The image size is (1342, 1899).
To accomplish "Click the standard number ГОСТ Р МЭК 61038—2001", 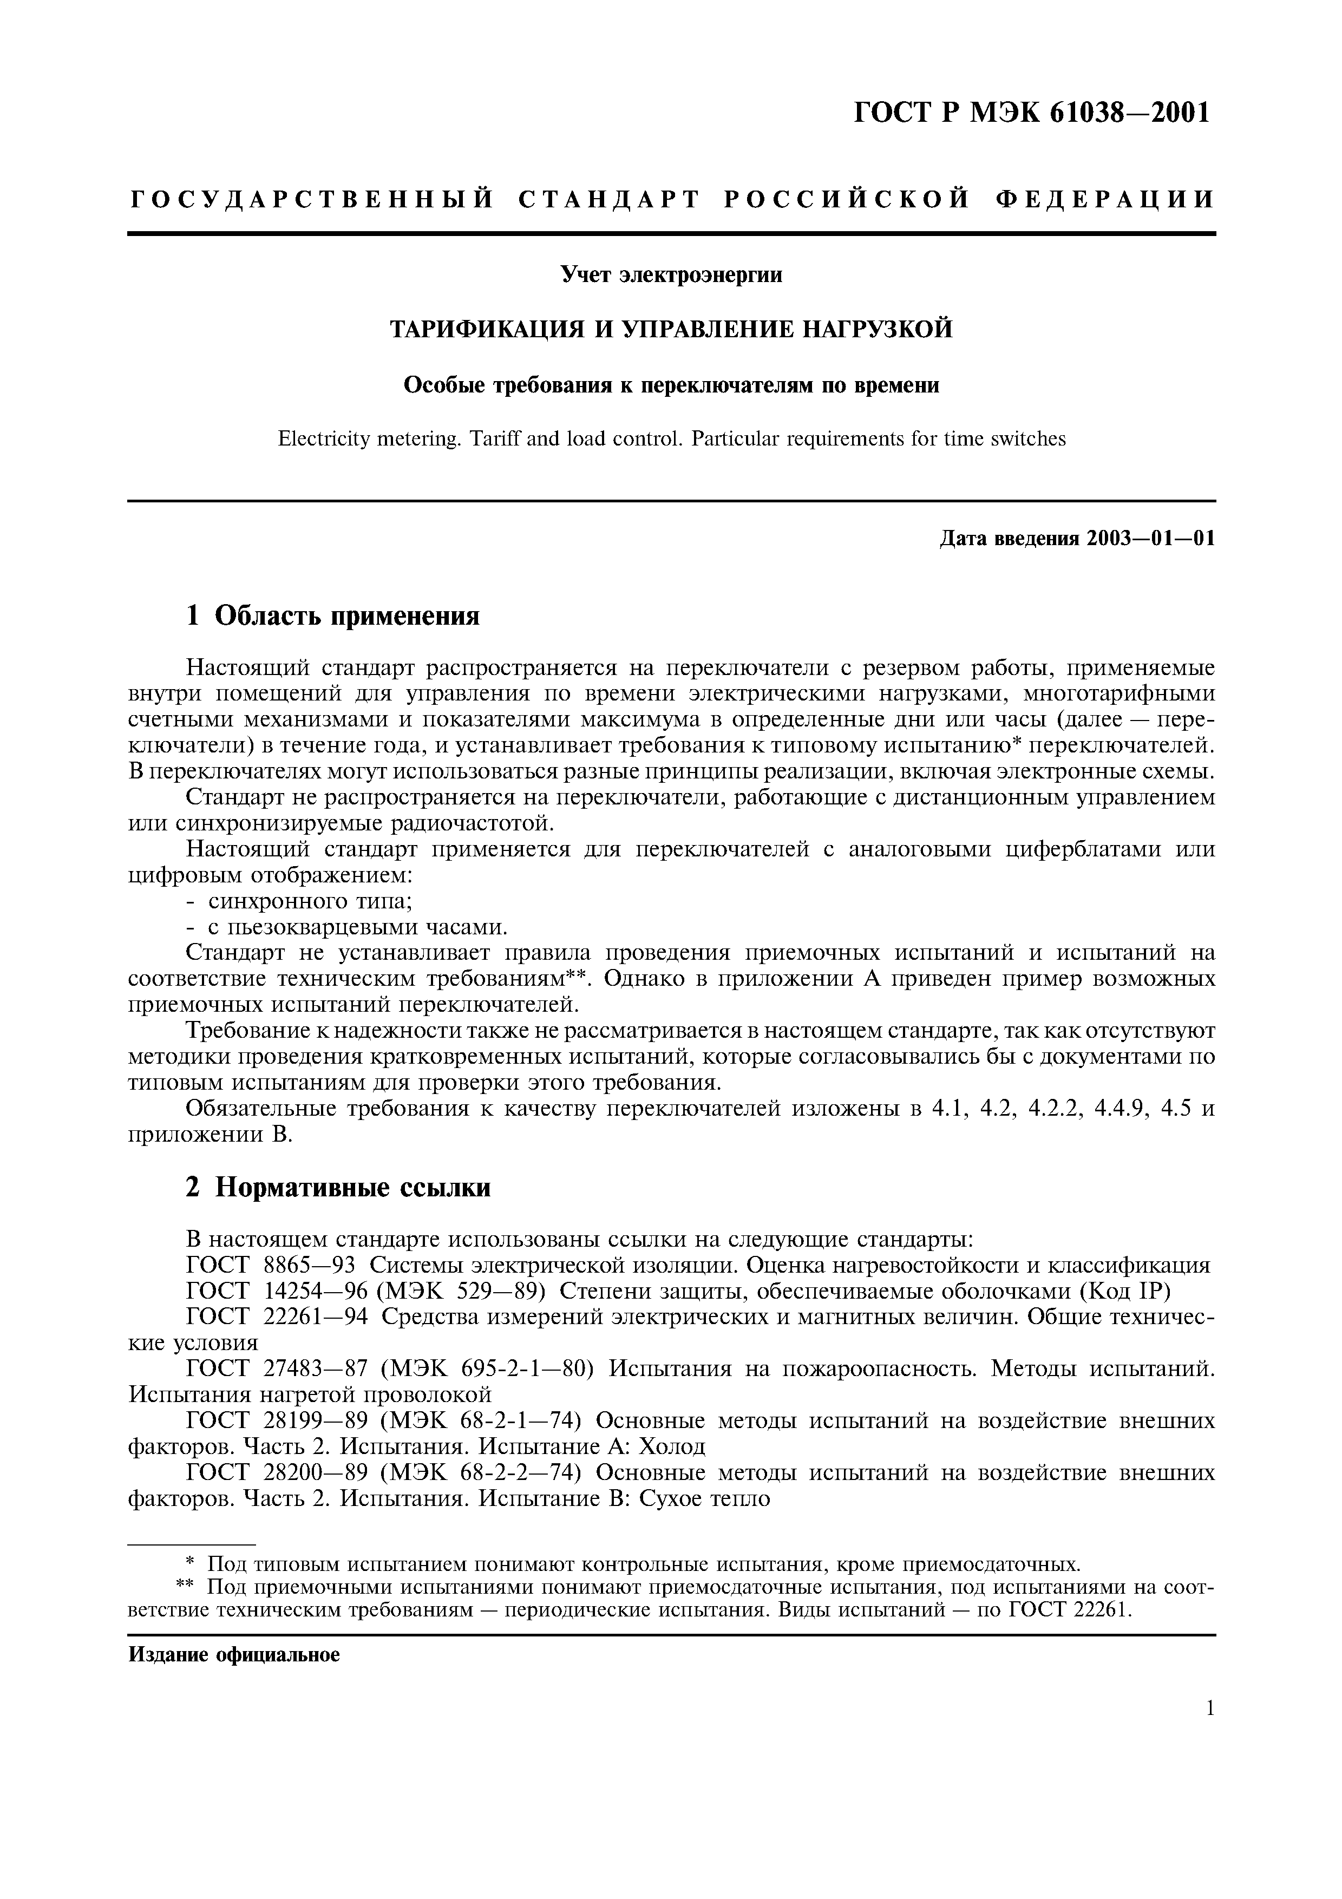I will pyautogui.click(x=1031, y=113).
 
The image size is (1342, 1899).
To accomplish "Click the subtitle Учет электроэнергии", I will pyautogui.click(x=671, y=274).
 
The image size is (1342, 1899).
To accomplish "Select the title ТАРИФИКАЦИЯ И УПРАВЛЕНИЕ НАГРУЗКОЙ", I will pyautogui.click(x=671, y=329).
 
